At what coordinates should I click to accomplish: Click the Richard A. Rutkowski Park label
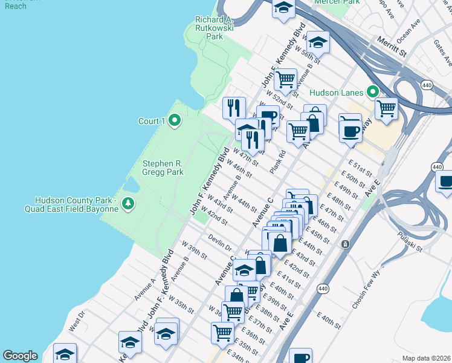click(x=210, y=28)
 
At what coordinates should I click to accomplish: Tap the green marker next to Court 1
click(x=175, y=121)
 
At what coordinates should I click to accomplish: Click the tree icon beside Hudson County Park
click(x=128, y=204)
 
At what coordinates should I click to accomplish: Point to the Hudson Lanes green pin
click(x=373, y=93)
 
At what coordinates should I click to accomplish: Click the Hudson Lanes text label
click(x=336, y=93)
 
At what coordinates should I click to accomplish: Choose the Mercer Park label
click(x=337, y=2)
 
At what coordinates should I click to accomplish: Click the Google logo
click(x=20, y=356)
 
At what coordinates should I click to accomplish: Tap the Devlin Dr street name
click(x=221, y=243)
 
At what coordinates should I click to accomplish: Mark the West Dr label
click(x=77, y=321)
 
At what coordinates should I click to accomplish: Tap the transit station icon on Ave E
click(x=344, y=244)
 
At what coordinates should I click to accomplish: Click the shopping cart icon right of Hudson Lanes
click(x=386, y=109)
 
